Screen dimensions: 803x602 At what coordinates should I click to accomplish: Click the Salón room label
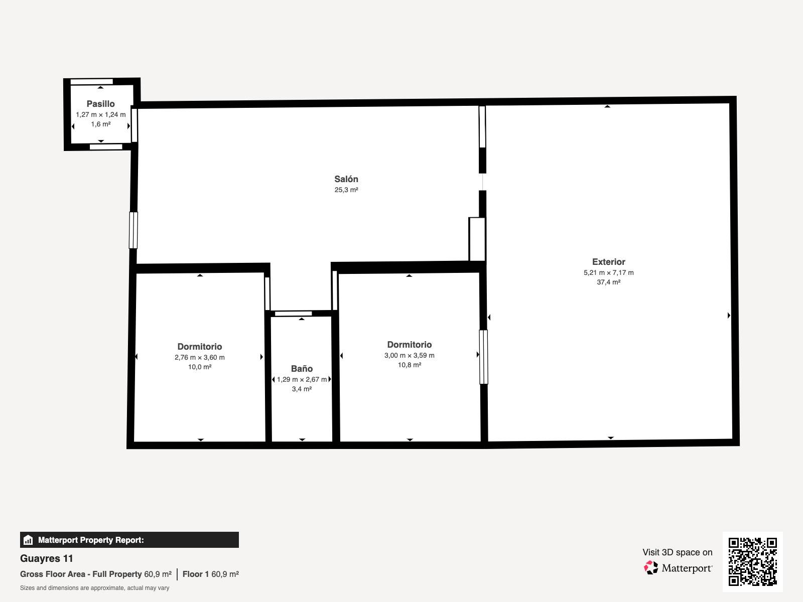click(346, 179)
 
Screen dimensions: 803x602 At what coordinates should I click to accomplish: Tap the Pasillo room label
click(100, 104)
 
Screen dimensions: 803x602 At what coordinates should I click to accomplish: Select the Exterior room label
click(609, 262)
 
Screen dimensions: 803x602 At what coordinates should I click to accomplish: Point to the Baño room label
click(302, 368)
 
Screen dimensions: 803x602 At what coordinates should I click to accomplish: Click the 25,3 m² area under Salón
click(346, 190)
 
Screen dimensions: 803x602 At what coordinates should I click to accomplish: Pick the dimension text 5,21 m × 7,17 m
click(609, 273)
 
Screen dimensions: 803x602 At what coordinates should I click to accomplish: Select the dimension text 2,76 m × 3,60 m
click(200, 358)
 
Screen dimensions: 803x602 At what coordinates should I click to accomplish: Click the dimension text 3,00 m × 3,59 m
click(410, 355)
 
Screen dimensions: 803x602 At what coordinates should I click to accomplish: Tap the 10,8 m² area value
click(410, 365)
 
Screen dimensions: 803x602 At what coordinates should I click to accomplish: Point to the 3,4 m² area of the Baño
click(302, 389)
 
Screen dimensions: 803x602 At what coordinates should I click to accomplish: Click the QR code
click(752, 562)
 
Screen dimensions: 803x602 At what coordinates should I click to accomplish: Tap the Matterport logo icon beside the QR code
click(651, 568)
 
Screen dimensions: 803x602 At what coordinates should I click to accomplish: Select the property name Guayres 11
click(47, 558)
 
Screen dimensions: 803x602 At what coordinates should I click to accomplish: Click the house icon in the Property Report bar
click(28, 540)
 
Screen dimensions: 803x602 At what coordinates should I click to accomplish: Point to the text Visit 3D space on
click(678, 552)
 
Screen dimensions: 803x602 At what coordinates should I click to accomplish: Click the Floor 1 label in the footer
click(195, 574)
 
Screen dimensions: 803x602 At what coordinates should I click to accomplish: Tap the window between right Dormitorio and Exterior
click(484, 357)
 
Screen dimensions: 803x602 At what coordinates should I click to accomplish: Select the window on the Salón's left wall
click(133, 230)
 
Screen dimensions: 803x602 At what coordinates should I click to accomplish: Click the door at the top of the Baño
click(294, 314)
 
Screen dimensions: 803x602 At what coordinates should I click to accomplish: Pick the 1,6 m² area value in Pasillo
click(100, 124)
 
